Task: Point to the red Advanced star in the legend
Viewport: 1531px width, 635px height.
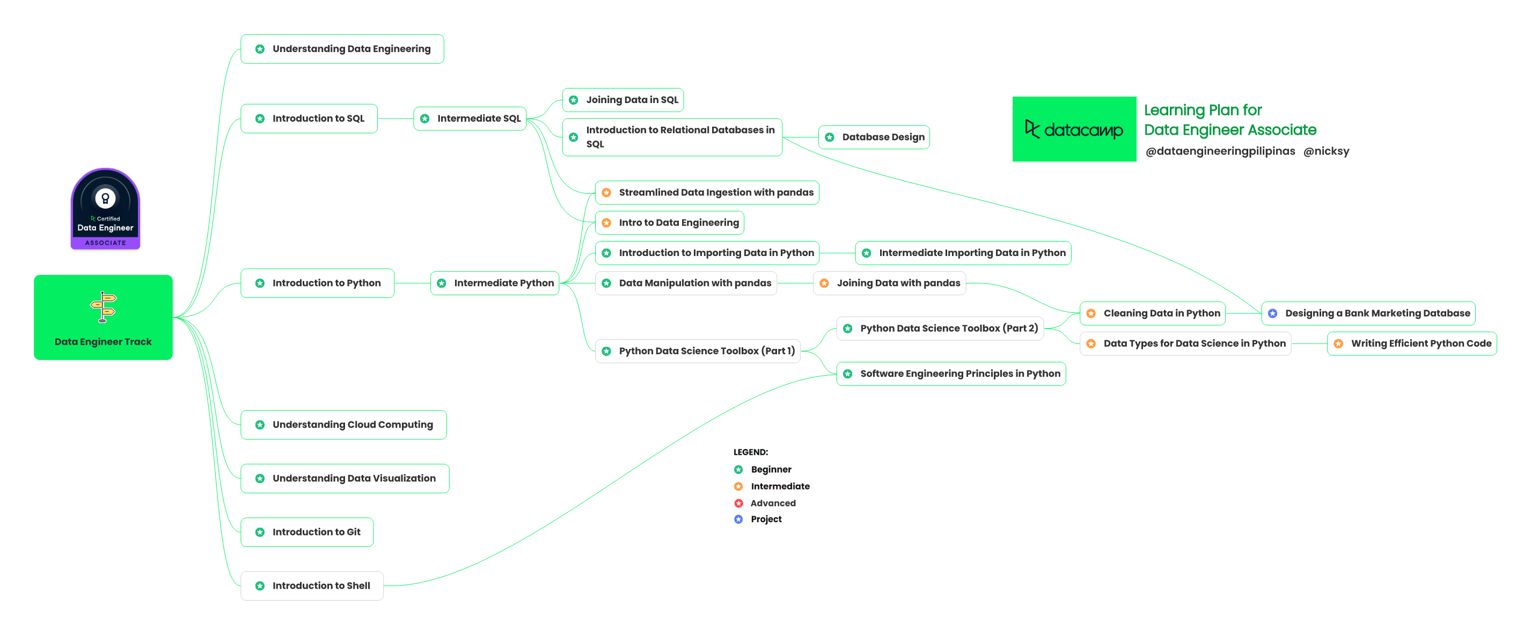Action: pos(739,503)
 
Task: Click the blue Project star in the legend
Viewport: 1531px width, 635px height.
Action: pos(739,519)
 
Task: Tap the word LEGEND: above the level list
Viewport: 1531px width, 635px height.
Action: pos(751,452)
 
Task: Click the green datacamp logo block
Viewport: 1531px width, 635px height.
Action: pos(1074,129)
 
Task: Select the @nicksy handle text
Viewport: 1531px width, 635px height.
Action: pos(1326,151)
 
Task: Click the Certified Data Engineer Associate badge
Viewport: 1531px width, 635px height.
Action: pos(105,209)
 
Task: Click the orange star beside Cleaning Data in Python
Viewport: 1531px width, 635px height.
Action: pos(1091,313)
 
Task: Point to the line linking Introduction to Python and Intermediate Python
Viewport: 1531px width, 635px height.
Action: pos(412,283)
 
